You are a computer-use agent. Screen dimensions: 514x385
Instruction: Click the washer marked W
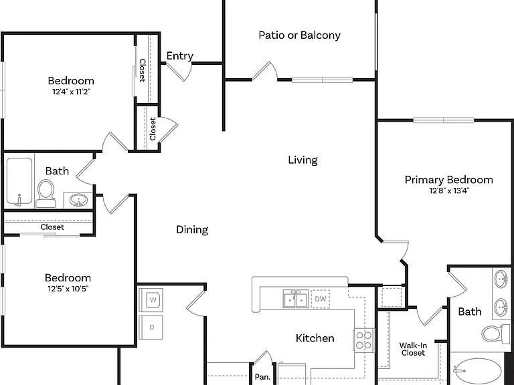point(151,299)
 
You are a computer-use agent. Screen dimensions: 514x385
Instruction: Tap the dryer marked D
point(151,328)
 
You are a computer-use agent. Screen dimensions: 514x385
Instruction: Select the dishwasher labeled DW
point(321,299)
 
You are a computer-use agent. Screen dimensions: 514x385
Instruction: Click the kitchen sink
point(296,299)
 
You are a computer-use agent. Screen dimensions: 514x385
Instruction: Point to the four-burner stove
point(364,340)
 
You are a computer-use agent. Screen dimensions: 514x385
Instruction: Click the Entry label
point(179,55)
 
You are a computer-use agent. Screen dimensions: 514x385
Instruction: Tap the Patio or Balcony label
point(299,35)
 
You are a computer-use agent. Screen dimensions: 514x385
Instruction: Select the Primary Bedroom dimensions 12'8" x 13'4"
point(449,190)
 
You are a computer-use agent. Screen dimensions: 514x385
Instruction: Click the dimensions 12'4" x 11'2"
point(71,92)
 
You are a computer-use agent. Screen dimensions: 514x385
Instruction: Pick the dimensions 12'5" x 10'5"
point(68,289)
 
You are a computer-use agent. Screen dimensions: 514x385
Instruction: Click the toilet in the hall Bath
point(46,193)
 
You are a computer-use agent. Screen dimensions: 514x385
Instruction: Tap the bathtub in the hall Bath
point(19,182)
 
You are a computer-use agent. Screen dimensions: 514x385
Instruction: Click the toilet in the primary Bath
point(492,334)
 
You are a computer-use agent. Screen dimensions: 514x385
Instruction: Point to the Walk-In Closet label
point(413,349)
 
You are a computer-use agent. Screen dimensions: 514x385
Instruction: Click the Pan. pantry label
point(262,377)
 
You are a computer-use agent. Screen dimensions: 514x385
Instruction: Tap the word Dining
point(192,229)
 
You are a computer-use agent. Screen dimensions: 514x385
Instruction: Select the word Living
point(303,160)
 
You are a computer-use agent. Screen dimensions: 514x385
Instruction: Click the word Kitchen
point(315,338)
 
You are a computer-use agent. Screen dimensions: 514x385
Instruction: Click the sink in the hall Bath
point(78,199)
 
